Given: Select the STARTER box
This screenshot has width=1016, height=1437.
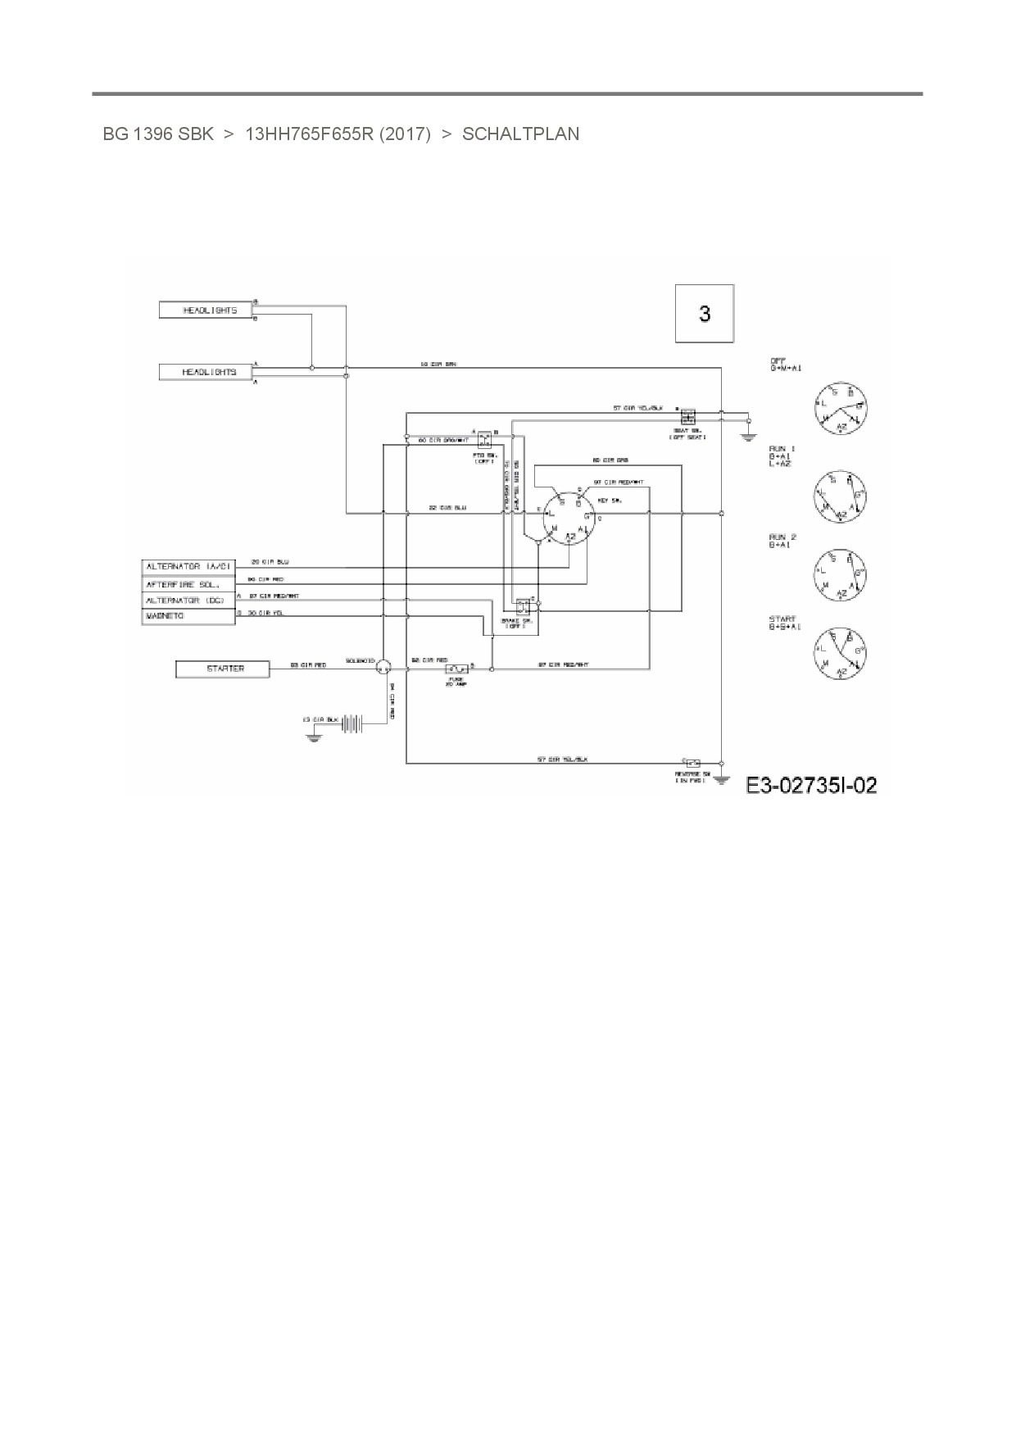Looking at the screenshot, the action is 222,669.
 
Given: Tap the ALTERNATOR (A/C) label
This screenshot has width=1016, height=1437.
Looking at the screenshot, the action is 188,567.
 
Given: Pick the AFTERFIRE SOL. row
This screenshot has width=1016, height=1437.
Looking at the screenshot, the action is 188,584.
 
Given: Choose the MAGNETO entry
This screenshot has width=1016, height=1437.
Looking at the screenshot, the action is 188,616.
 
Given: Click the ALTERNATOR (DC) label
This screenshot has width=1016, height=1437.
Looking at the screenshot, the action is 188,601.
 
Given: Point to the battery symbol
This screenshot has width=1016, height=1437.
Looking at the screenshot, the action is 353,722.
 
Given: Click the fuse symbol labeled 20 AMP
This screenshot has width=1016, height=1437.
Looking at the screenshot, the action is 456,669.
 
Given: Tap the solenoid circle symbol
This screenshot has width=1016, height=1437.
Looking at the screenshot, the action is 382,669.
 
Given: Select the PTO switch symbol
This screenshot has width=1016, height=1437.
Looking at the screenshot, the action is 484,438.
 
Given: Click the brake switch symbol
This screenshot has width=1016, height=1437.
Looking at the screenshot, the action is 522,607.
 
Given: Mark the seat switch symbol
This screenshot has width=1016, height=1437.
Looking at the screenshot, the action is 688,415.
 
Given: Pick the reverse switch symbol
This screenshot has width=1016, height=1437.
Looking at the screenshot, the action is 692,763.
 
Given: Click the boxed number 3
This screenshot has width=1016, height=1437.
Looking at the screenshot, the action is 704,314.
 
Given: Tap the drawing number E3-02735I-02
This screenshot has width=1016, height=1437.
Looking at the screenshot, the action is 811,786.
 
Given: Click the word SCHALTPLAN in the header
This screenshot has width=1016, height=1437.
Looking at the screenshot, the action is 520,134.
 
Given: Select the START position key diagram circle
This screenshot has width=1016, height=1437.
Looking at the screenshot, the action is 841,653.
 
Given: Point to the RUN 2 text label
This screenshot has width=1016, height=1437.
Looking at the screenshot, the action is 782,537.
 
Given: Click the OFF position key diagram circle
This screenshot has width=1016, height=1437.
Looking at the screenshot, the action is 841,407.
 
